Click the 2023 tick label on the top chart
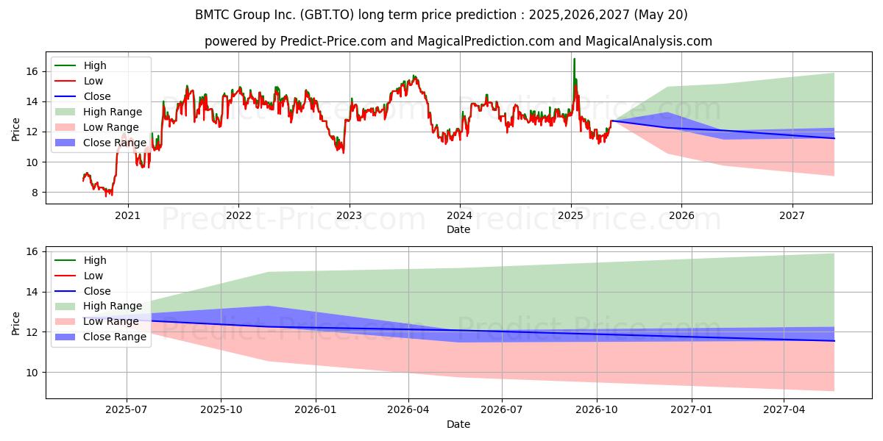[x=349, y=216]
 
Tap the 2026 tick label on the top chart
[x=681, y=216]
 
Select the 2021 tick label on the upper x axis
[x=127, y=216]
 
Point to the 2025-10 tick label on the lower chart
[x=221, y=410]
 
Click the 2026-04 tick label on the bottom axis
[x=408, y=410]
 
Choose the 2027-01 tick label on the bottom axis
[x=691, y=410]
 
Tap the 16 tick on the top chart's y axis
[x=32, y=72]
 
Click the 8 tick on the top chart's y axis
[x=35, y=193]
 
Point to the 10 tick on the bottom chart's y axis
[x=32, y=373]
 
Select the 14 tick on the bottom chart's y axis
[x=32, y=293]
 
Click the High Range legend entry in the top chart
[x=98, y=112]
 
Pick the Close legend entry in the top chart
[x=82, y=96]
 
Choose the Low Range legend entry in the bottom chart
[x=96, y=321]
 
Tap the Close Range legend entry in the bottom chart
[x=101, y=337]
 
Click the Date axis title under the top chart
[x=458, y=229]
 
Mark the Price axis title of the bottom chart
[x=15, y=323]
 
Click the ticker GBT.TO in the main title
[x=327, y=15]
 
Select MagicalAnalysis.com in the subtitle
[x=649, y=41]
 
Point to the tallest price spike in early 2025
[x=574, y=59]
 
